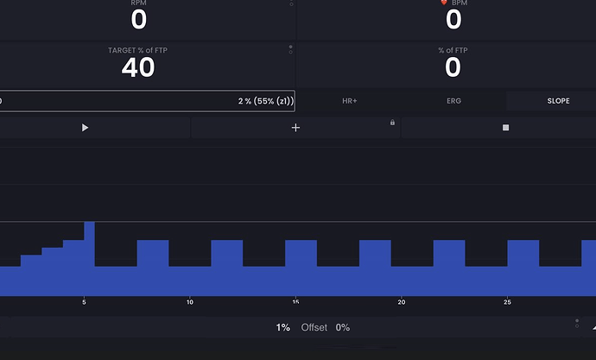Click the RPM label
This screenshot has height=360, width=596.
[138, 3]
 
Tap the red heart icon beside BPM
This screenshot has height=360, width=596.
[442, 3]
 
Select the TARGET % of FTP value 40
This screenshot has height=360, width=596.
[138, 67]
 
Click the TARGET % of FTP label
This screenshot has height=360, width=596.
[138, 51]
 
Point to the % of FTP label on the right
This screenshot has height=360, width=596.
[453, 51]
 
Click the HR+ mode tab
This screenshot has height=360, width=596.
[350, 101]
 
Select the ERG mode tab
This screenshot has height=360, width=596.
[453, 101]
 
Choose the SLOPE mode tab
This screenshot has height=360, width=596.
[558, 101]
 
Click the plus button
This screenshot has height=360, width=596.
[296, 128]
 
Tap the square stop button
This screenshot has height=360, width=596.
[506, 128]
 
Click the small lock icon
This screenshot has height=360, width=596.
[392, 123]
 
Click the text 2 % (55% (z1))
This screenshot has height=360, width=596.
[265, 101]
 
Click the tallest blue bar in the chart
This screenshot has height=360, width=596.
[89, 259]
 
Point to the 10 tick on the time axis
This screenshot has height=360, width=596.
[190, 302]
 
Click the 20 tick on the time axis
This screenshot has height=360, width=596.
[402, 302]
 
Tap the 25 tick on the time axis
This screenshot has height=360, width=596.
[508, 302]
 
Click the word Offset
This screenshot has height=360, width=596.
[314, 328]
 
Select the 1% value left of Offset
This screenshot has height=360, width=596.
[283, 328]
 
